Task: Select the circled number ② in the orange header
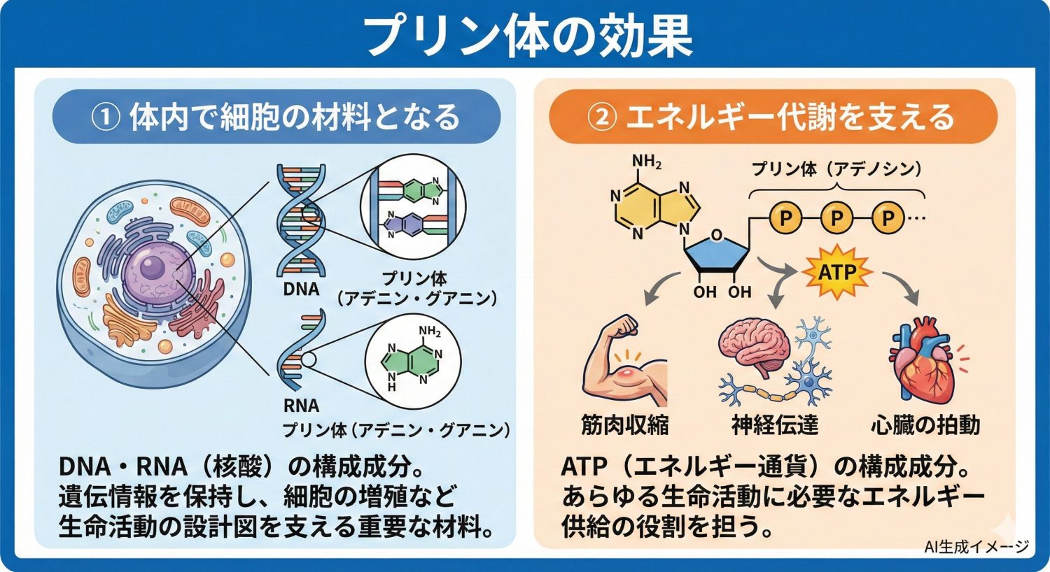[x=601, y=116]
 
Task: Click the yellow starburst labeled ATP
[x=836, y=271]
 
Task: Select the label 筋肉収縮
[x=624, y=424]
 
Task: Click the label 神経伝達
[x=775, y=424]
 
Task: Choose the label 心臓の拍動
[x=925, y=424]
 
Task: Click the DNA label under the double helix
[x=302, y=289]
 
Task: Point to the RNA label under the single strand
[x=302, y=405]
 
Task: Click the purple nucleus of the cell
[x=151, y=269]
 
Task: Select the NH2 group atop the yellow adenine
[x=647, y=163]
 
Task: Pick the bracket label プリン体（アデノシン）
[x=836, y=169]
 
